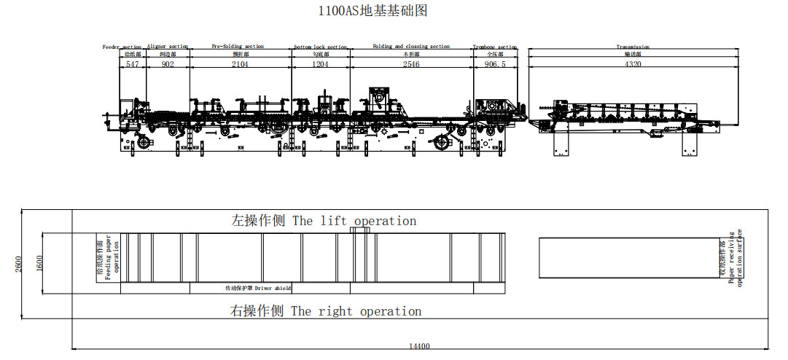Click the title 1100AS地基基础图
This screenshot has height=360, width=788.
coord(372,11)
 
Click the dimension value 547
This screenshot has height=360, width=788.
coord(132,64)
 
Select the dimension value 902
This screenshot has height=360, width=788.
coord(168,64)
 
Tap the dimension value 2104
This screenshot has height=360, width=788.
coord(240,64)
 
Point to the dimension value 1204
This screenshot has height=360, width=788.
coord(321,64)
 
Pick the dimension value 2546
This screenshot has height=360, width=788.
coord(411,64)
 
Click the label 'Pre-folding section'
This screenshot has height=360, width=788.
coord(238,46)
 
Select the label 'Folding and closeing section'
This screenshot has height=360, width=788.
coord(411,46)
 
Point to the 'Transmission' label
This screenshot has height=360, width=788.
coord(633,47)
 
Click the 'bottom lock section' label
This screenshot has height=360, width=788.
coord(321,47)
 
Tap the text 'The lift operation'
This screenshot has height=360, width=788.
coord(355,221)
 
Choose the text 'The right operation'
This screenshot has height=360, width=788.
coord(356,311)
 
